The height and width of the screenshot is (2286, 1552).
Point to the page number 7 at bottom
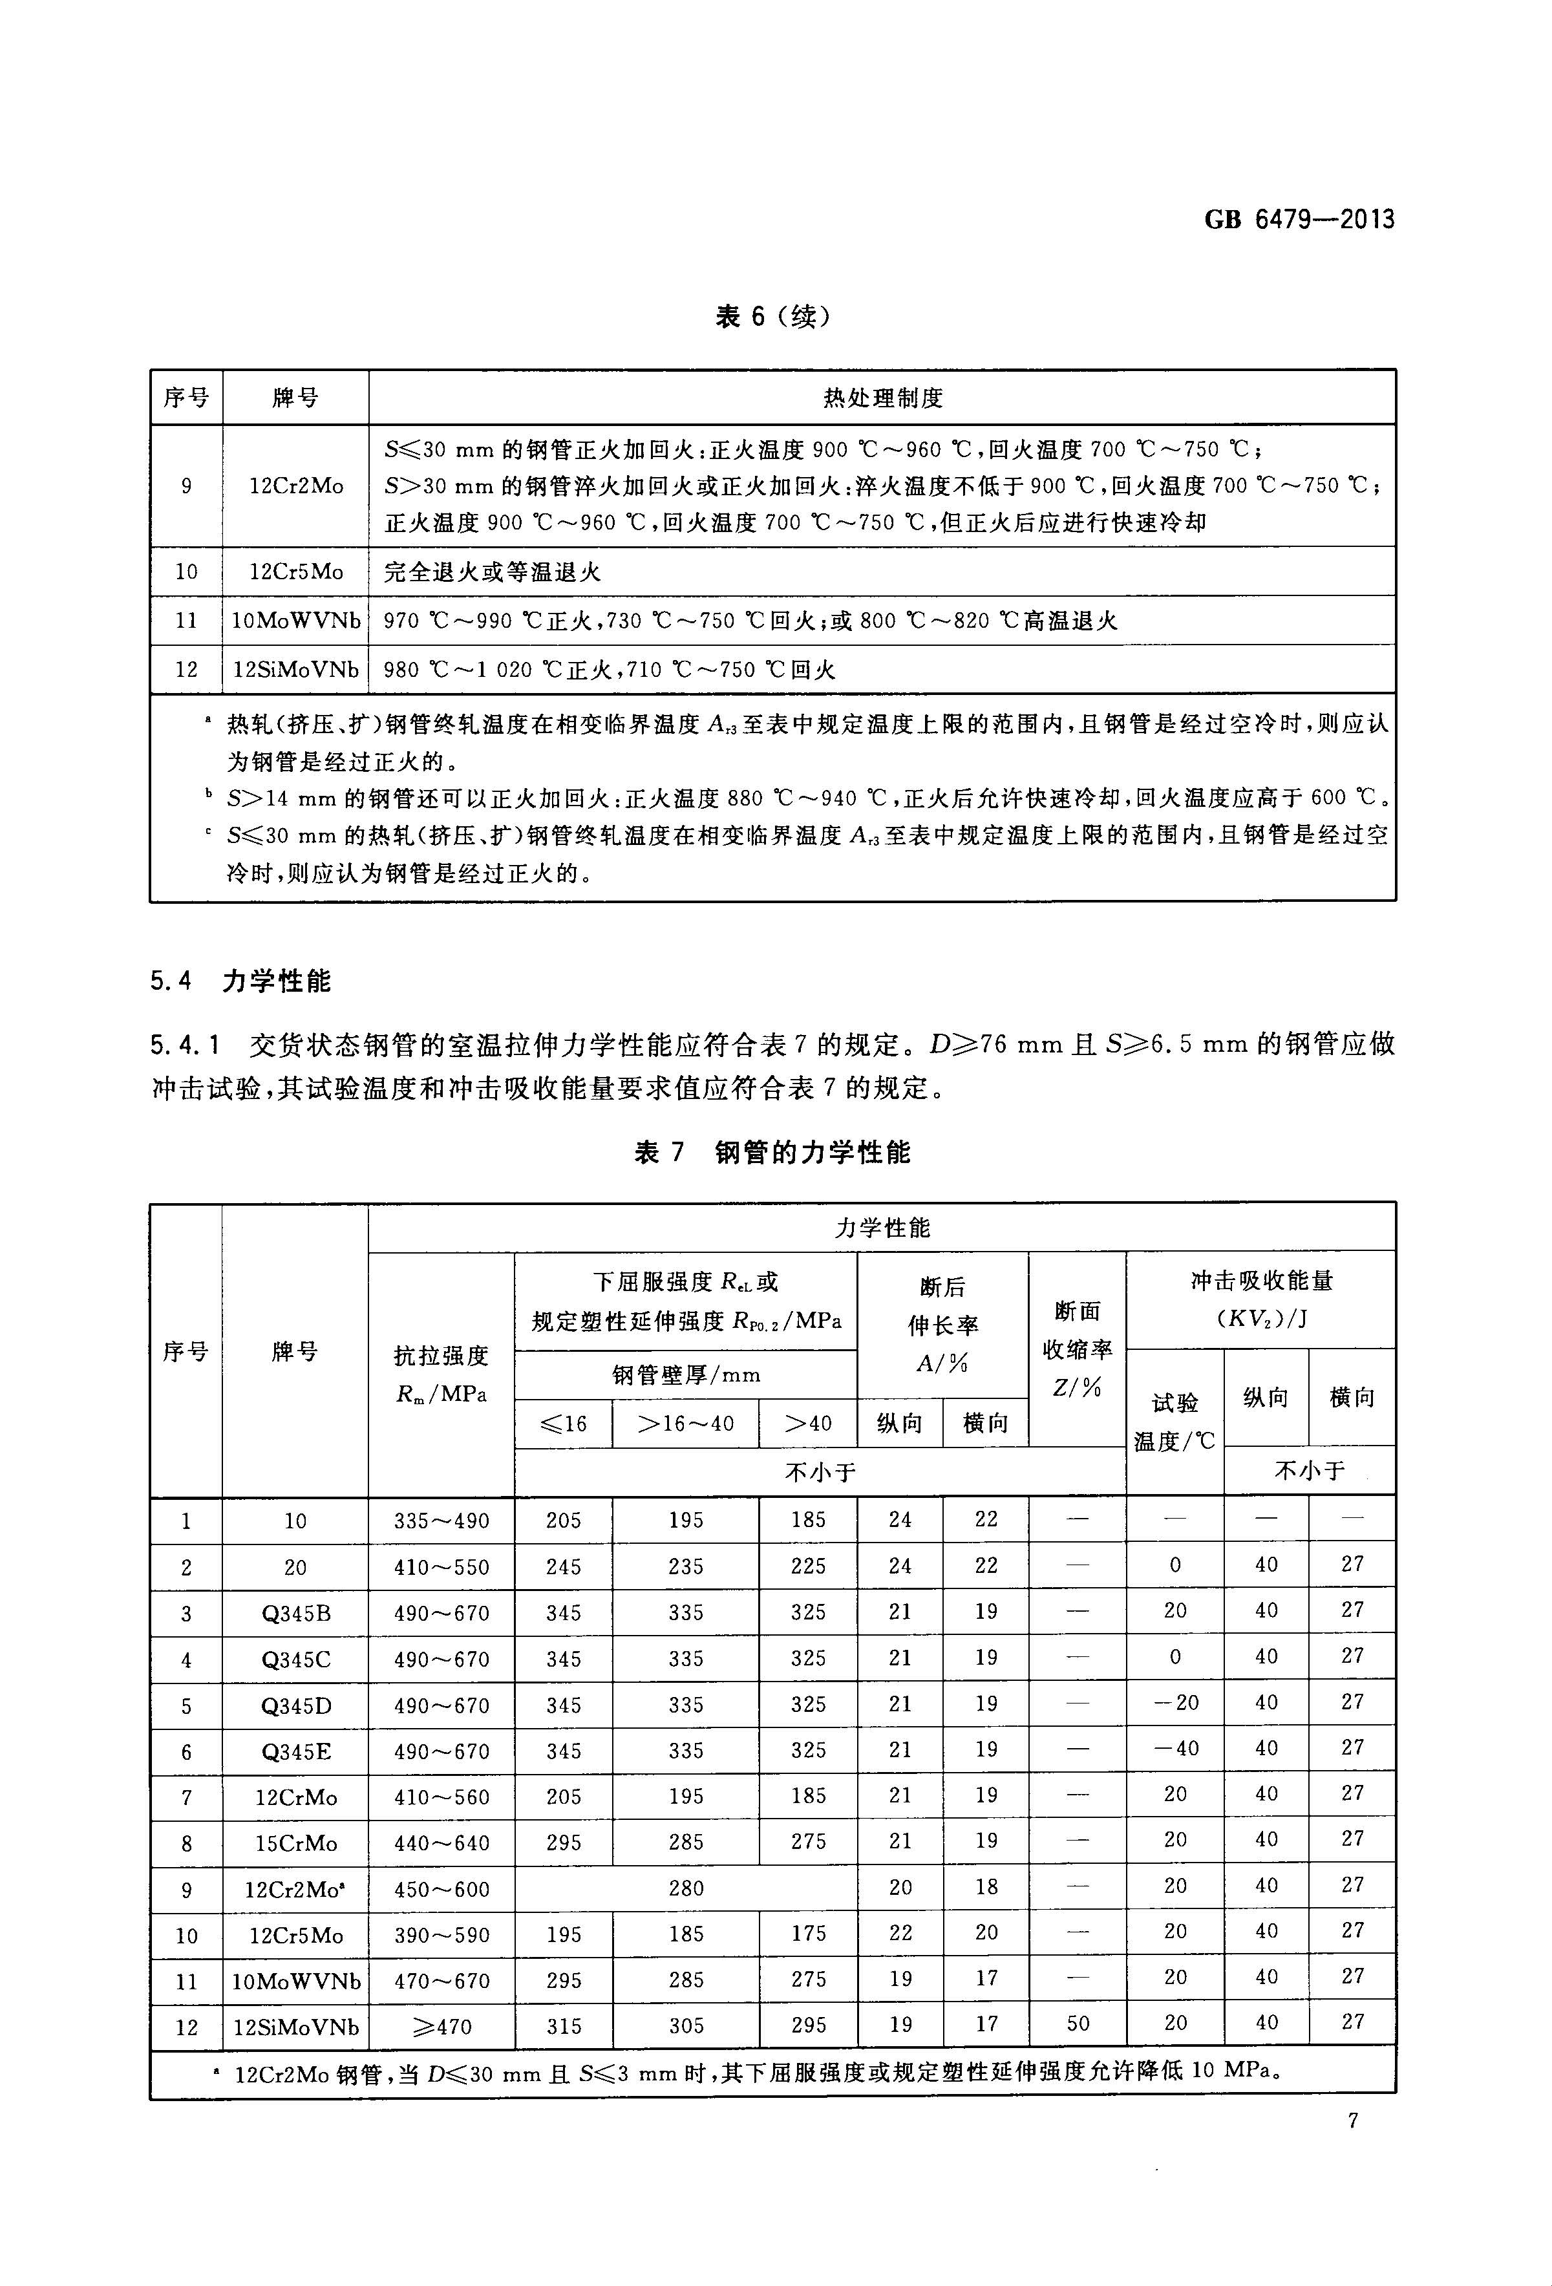(x=1352, y=2120)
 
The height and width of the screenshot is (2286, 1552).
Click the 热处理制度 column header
(x=882, y=398)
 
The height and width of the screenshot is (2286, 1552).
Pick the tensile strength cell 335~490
(x=441, y=1521)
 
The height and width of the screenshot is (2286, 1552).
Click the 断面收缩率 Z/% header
(x=1078, y=1349)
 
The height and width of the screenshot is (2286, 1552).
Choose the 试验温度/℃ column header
(x=1175, y=1422)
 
